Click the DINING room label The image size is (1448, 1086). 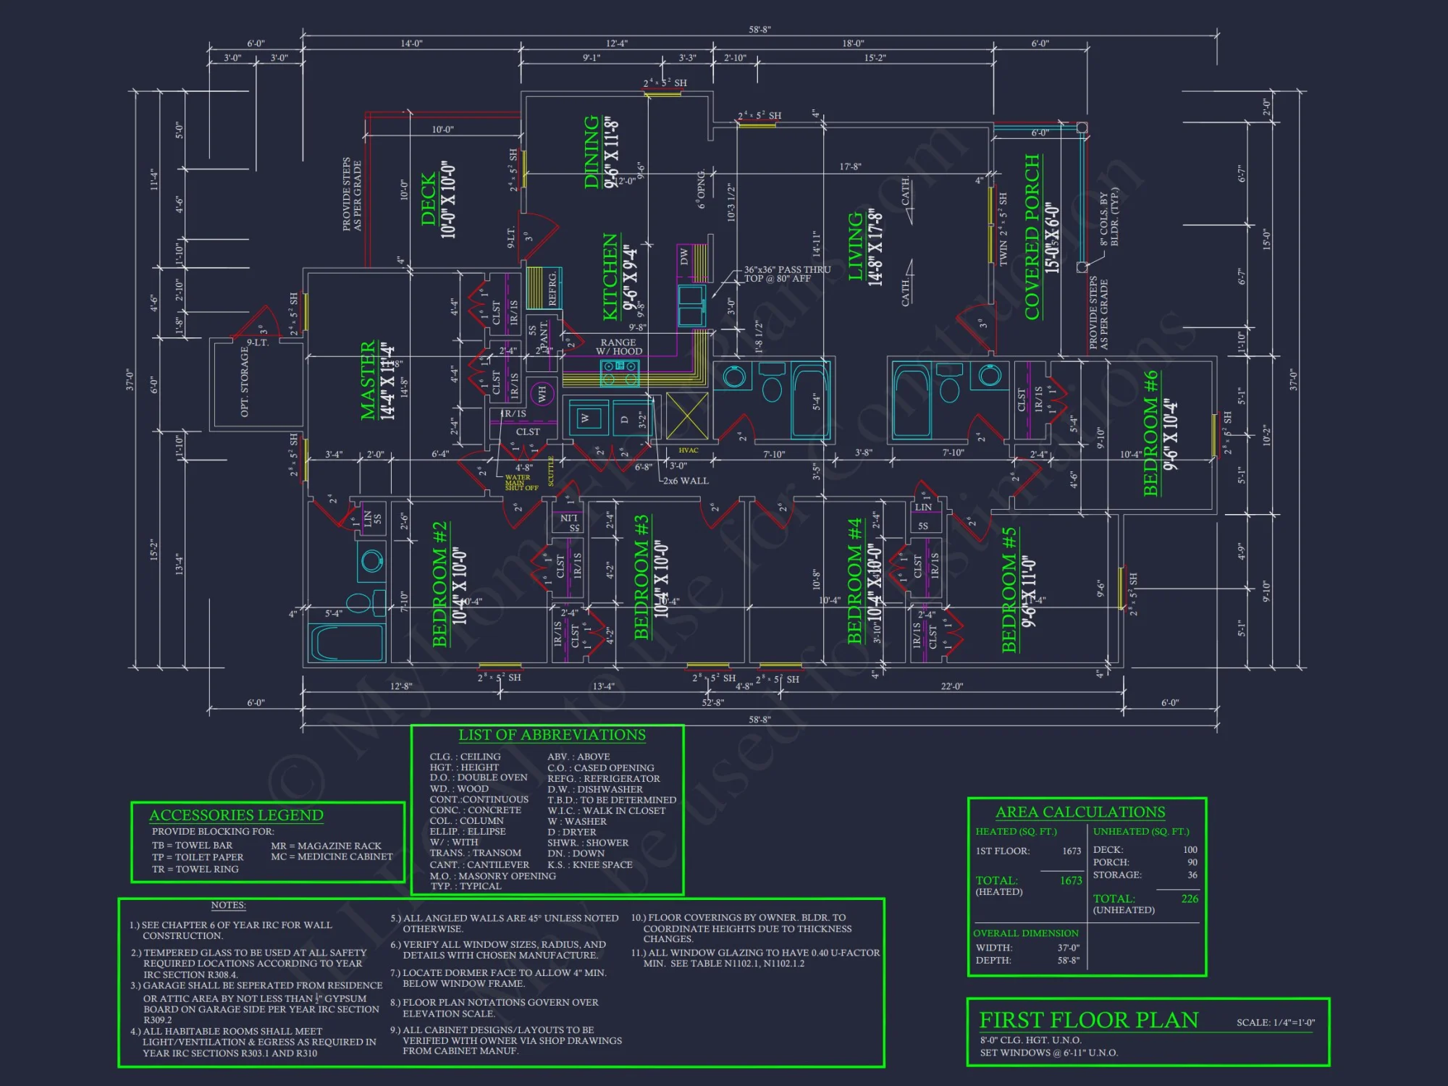592,152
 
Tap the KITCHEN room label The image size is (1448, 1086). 610,277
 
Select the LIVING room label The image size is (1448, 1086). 856,246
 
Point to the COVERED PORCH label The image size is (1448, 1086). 1032,237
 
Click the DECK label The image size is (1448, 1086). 429,199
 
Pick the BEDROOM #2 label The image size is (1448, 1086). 439,584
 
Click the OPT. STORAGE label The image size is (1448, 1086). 245,382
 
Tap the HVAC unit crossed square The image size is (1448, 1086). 686,416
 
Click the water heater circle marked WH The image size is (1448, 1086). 542,394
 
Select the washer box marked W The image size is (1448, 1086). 585,418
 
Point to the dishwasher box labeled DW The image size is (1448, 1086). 684,257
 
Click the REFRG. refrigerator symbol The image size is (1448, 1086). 544,287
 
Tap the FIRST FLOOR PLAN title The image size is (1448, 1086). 1088,1020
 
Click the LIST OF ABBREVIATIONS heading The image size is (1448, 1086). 552,735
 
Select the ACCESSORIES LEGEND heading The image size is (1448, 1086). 236,815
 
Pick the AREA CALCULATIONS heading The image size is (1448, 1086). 1080,812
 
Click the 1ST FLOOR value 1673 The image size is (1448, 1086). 1072,851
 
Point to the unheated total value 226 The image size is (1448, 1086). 1190,898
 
